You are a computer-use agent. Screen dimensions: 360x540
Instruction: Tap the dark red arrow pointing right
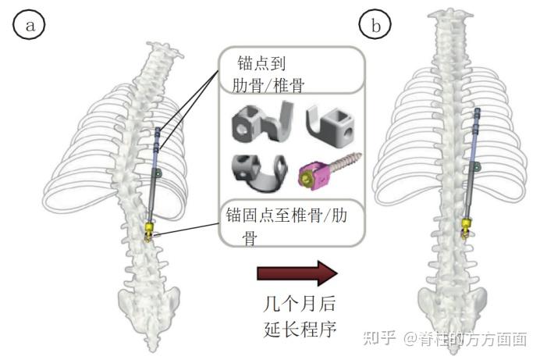[297, 274]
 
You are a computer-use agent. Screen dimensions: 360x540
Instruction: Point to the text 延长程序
[297, 330]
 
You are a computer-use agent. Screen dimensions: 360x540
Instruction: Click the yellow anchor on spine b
[467, 227]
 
